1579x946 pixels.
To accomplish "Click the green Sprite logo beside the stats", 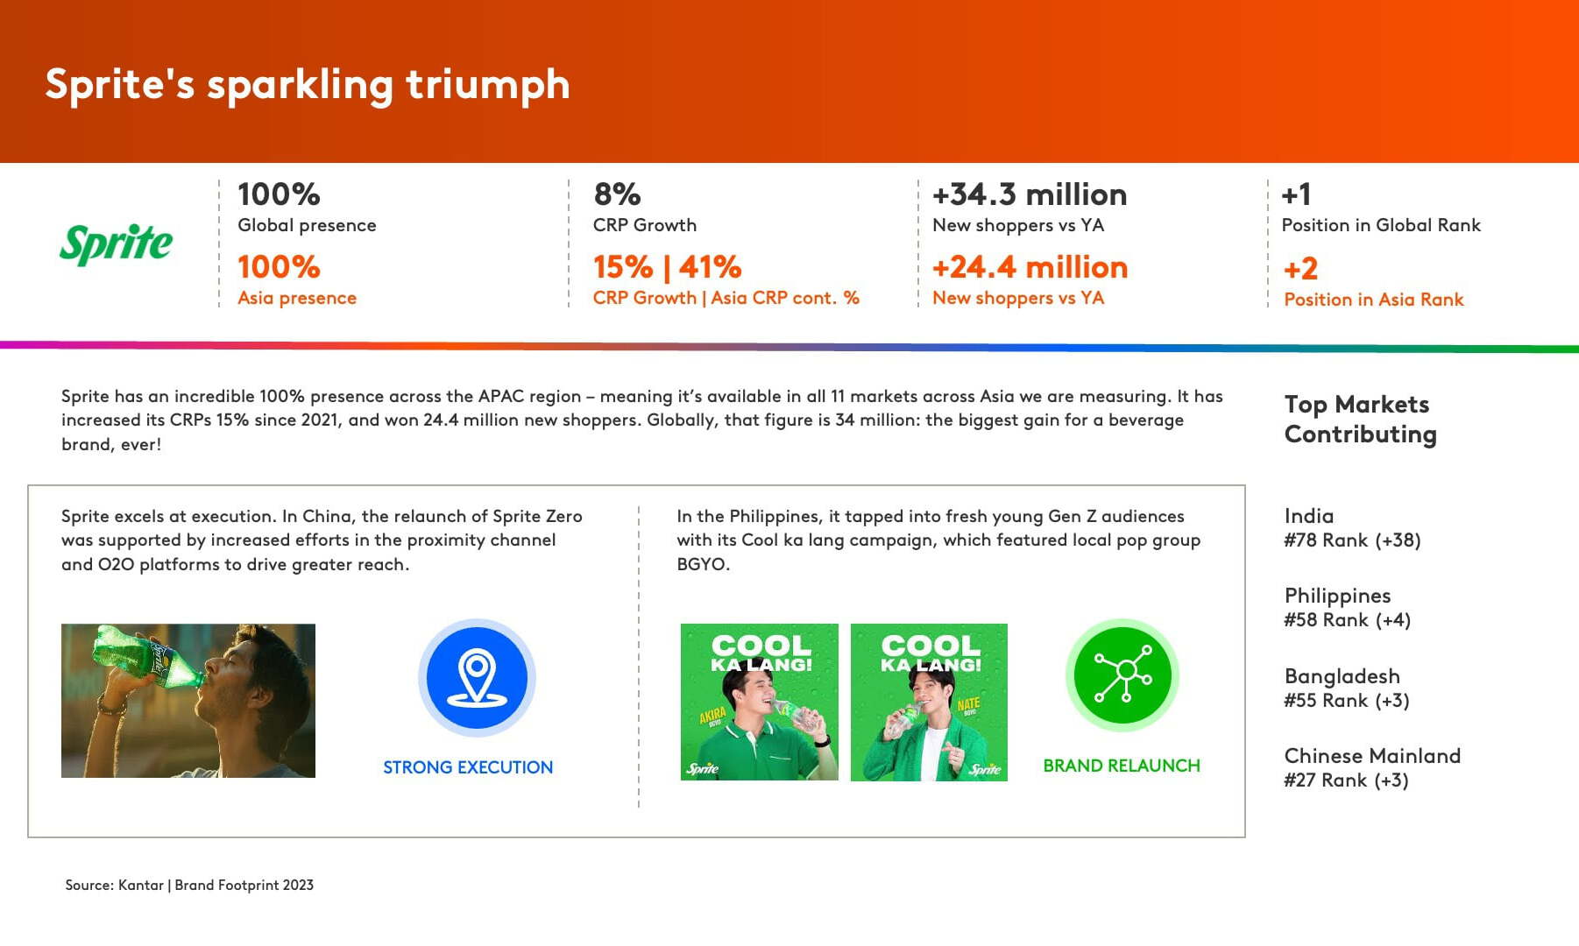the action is click(116, 244).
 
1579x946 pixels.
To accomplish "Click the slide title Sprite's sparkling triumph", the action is click(308, 85).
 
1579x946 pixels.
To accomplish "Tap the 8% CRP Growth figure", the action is click(617, 194).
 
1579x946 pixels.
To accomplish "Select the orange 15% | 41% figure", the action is click(667, 266).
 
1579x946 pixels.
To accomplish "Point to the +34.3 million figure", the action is click(1030, 194).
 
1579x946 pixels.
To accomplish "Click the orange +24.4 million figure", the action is click(1030, 266).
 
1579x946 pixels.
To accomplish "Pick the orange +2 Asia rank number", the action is click(1300, 268).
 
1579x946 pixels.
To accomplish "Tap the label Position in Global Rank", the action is click(1381, 225).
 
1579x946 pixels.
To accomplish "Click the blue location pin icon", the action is click(477, 677).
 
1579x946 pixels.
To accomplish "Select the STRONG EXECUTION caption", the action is click(468, 767).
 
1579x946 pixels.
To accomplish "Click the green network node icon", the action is click(1122, 674).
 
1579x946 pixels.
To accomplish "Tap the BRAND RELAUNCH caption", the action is click(1122, 766).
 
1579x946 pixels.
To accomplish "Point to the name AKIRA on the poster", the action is click(712, 717).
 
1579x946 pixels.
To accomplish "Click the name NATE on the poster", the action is click(968, 705).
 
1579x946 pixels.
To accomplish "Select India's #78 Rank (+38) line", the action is click(1352, 540).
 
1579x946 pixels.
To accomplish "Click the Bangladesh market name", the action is click(1342, 676).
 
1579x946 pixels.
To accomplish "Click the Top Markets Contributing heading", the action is click(1360, 420).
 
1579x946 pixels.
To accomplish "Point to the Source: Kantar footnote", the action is click(189, 885).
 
